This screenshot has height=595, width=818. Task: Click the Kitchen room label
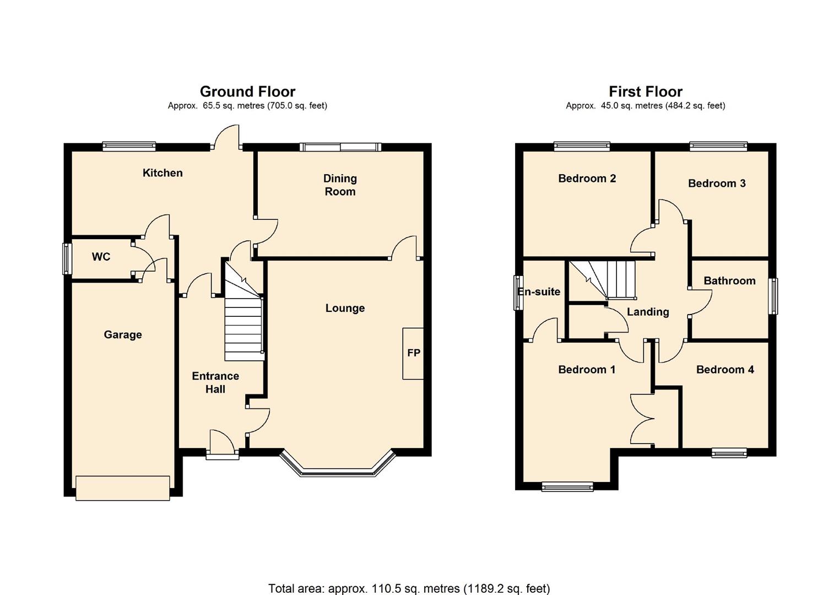[162, 173]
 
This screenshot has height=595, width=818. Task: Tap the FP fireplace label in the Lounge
[414, 353]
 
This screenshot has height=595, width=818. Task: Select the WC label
[101, 257]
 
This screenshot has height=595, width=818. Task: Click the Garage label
[123, 334]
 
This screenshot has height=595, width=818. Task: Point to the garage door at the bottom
[123, 488]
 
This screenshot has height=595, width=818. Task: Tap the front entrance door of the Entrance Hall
[223, 445]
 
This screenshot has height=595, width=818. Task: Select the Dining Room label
[340, 185]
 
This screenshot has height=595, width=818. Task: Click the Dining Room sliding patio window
[340, 147]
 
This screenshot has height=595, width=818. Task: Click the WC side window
[67, 258]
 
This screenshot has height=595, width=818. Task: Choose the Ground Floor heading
[247, 91]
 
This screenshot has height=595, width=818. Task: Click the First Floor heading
[646, 91]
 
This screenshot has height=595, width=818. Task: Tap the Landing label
[648, 312]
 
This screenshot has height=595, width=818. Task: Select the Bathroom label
[730, 280]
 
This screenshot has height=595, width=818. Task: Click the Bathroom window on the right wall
[773, 296]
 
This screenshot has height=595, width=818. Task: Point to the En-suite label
[539, 291]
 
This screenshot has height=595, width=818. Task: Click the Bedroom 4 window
[729, 453]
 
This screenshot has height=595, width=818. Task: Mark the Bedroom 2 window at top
[582, 147]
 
